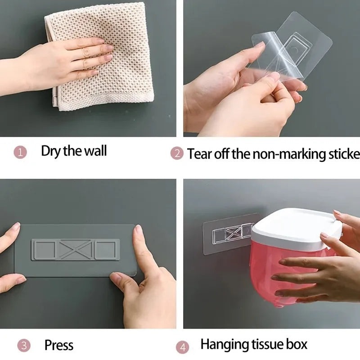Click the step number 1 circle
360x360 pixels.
(x=20, y=152)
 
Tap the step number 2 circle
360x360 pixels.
(x=176, y=153)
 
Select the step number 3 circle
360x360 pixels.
(x=24, y=346)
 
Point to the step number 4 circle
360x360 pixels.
(x=182, y=347)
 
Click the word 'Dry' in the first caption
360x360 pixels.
(x=51, y=151)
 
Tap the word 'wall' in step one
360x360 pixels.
(x=95, y=151)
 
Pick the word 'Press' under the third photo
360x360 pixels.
(x=58, y=345)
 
